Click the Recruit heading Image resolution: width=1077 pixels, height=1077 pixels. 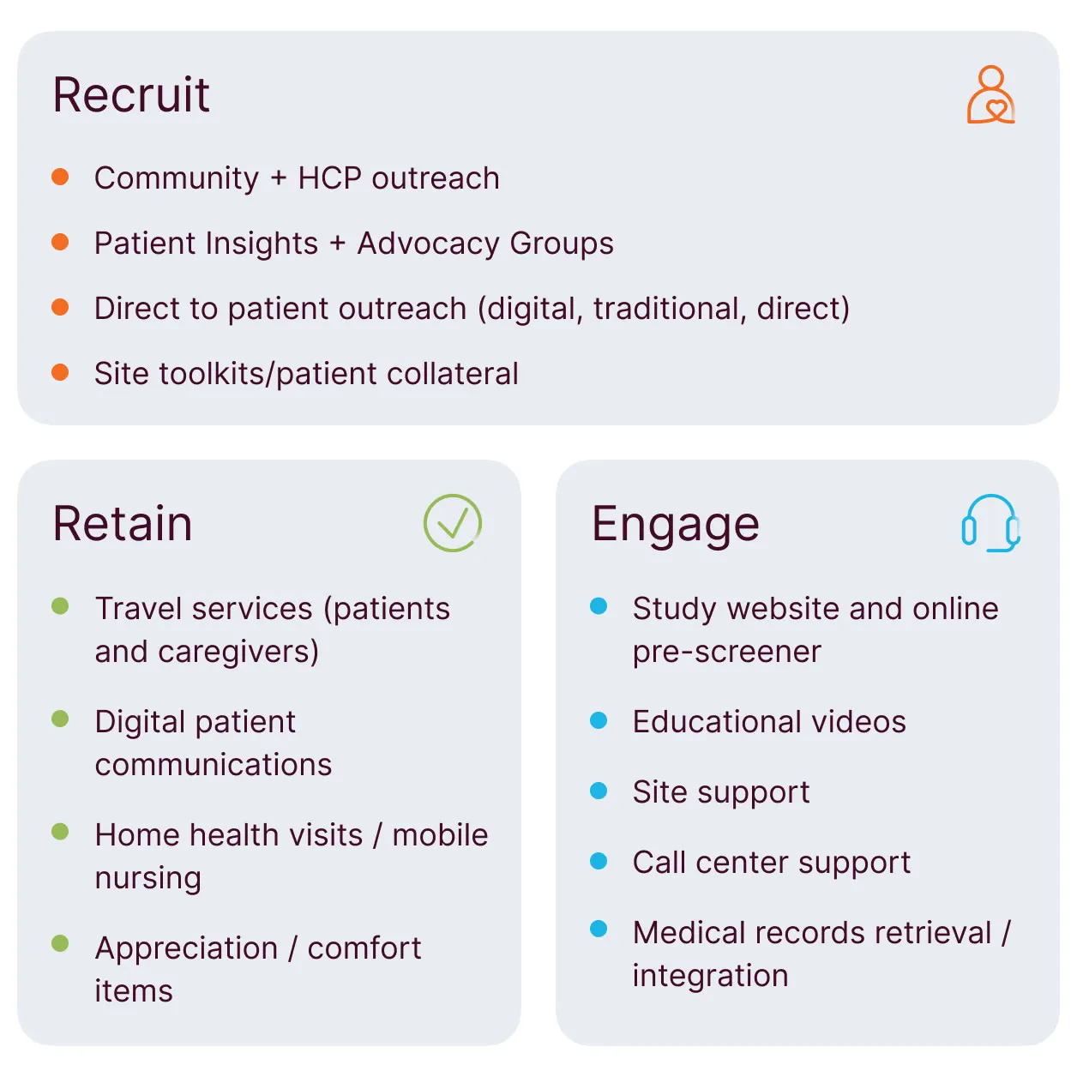click(x=131, y=94)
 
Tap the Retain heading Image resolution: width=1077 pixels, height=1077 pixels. click(x=123, y=523)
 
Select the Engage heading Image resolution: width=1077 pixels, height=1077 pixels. click(x=676, y=524)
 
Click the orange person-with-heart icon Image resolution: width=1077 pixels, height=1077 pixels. click(x=990, y=95)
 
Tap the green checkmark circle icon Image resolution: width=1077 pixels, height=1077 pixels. click(x=453, y=523)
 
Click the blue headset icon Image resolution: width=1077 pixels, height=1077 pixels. click(x=990, y=523)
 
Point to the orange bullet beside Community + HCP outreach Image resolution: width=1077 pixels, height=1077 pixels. click(x=60, y=177)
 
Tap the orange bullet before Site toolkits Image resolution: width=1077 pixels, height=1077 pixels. click(x=60, y=372)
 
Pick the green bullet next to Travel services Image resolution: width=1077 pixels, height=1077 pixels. click(x=60, y=606)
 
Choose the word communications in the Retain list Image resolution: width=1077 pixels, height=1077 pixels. click(x=214, y=765)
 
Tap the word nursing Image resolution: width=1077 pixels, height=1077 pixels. click(x=148, y=878)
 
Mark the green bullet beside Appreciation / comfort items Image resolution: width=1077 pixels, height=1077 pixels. click(x=60, y=943)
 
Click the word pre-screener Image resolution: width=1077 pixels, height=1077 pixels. click(x=727, y=653)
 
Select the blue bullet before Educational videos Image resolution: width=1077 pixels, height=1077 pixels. click(x=599, y=720)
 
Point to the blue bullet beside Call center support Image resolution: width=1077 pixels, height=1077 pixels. click(x=599, y=861)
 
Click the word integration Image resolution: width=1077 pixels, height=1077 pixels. click(x=711, y=976)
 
